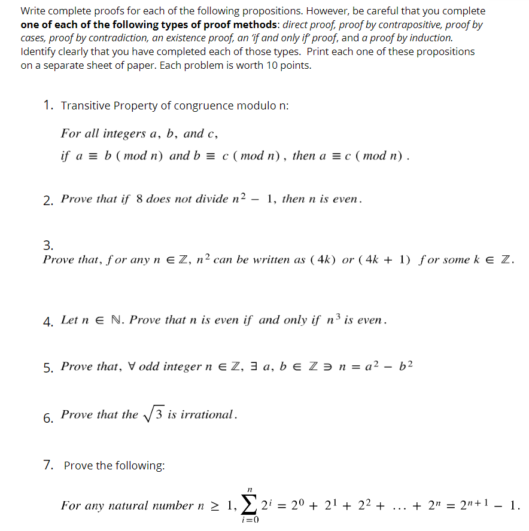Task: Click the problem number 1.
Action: click(x=47, y=106)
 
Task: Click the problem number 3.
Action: click(x=47, y=245)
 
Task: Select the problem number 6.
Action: click(x=47, y=418)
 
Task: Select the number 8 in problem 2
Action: click(x=140, y=199)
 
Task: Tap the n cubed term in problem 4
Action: click(x=333, y=319)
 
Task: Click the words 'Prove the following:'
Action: click(x=114, y=465)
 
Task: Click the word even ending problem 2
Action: click(x=347, y=199)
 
